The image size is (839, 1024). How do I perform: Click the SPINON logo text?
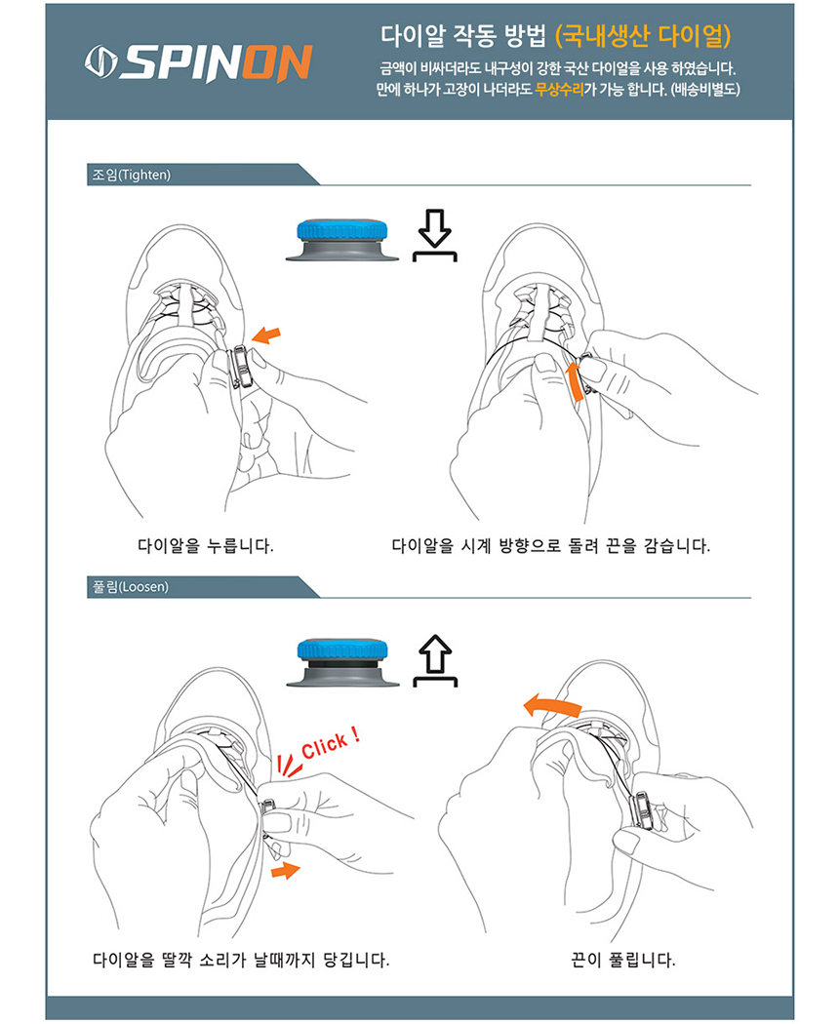(216, 63)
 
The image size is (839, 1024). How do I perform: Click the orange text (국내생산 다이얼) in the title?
(643, 36)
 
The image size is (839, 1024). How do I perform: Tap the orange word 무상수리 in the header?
(559, 90)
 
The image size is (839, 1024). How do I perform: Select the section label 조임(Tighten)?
(132, 175)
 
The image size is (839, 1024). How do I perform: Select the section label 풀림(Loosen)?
(130, 586)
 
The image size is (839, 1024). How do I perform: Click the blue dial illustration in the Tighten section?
(342, 239)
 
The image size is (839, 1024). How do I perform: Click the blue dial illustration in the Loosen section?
(342, 663)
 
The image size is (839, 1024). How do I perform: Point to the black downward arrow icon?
(434, 235)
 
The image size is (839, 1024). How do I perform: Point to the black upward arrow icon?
(434, 660)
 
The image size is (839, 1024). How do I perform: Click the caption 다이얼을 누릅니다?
(205, 546)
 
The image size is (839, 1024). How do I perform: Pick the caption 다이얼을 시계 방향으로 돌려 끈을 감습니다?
(551, 546)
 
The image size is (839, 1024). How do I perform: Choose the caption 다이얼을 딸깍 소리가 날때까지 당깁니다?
(241, 960)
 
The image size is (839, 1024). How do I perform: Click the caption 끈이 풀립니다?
(622, 960)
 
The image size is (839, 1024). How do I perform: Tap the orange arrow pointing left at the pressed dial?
(266, 335)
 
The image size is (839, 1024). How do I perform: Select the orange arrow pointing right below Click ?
(286, 870)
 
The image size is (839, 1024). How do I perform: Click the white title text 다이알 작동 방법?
(462, 36)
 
